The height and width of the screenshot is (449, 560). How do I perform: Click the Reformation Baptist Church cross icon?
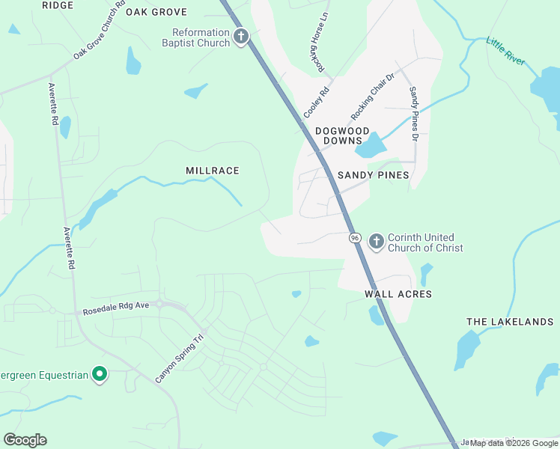241,37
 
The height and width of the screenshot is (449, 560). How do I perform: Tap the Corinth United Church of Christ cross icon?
376,242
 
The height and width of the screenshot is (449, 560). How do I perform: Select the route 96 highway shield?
355,237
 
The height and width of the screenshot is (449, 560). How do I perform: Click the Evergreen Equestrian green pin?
99,374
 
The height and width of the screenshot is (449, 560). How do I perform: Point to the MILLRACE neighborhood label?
213,171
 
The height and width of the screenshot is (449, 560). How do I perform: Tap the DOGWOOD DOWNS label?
342,135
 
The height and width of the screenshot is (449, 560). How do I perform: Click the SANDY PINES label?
373,175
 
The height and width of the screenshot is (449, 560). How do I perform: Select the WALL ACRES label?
398,294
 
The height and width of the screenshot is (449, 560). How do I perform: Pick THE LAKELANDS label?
510,322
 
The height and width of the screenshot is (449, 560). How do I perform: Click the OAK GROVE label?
156,12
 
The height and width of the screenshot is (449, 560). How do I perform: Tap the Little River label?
506,51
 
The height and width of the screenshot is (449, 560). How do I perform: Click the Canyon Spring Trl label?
180,358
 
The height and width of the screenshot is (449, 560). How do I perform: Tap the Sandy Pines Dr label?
413,114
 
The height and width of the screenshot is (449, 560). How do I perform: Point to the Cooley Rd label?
316,103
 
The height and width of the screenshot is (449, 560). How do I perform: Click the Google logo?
25,440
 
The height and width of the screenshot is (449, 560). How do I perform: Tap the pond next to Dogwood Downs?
370,146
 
